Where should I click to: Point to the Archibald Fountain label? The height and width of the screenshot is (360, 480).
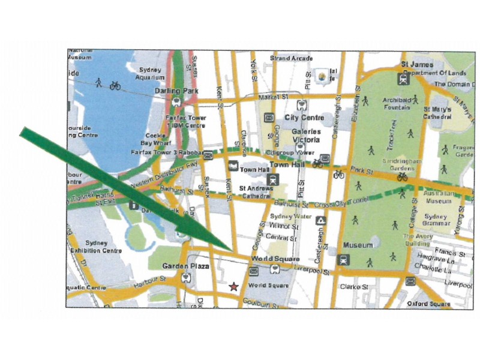(393, 104)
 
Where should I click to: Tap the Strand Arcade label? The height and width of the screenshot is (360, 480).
(291, 58)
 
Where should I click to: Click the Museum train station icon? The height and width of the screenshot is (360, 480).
(343, 260)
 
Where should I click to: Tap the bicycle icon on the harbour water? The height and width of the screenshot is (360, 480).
(115, 85)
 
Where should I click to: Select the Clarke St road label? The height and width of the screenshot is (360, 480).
(353, 287)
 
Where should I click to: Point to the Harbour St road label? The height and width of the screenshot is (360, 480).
(149, 280)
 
